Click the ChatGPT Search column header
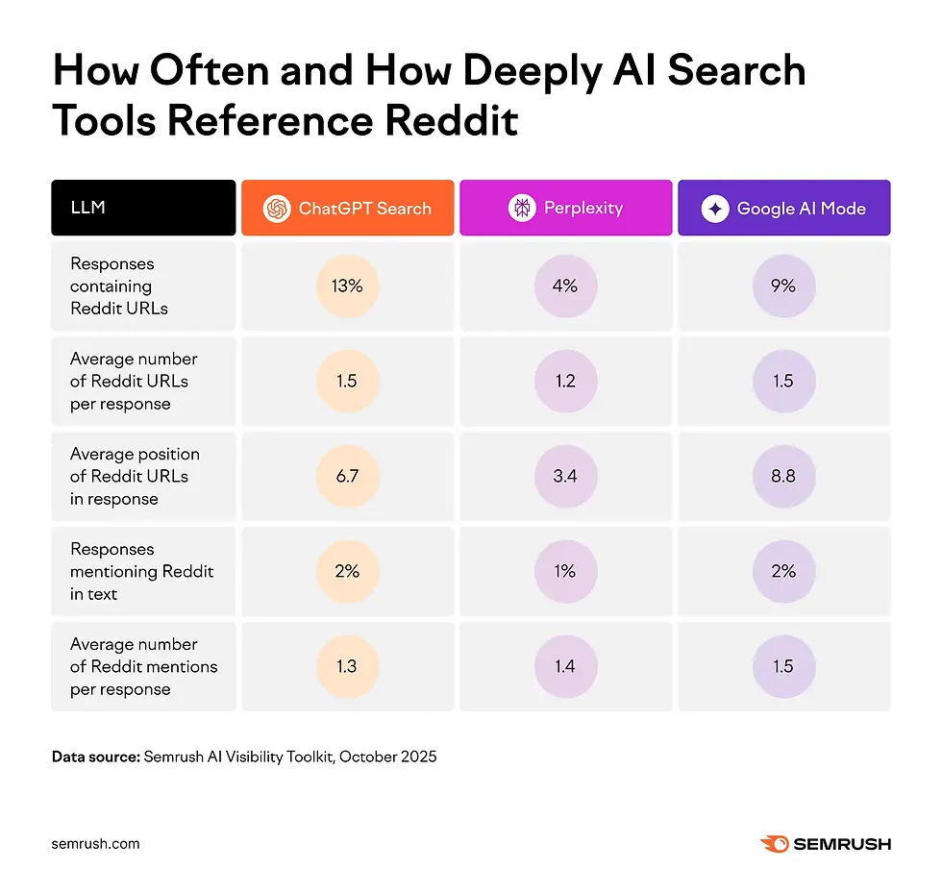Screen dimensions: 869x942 coord(347,208)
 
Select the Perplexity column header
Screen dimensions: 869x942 coord(565,208)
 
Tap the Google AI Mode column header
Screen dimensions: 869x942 coord(783,208)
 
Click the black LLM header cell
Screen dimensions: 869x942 coord(143,208)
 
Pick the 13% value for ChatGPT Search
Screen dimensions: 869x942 coord(347,286)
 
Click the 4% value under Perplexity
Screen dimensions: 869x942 coord(565,286)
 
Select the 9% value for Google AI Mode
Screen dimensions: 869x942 coord(783,286)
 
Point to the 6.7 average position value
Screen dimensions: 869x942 coord(347,476)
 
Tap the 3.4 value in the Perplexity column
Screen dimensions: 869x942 coord(565,476)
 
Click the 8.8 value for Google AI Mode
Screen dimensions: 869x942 coord(783,476)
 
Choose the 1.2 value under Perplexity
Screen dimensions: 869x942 coord(565,381)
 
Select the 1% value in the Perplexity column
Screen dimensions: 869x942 coord(565,571)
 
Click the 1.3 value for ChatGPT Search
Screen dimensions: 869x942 coord(347,666)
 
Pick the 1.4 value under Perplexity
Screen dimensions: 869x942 coord(565,666)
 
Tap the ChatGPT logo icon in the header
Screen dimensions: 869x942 coord(277,209)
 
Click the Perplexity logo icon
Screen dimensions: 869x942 coord(522,209)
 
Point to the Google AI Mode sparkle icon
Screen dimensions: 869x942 coord(715,209)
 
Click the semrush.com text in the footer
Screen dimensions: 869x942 coord(95,844)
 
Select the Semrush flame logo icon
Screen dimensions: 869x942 coord(774,844)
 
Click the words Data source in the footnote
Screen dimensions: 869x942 coord(94,757)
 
